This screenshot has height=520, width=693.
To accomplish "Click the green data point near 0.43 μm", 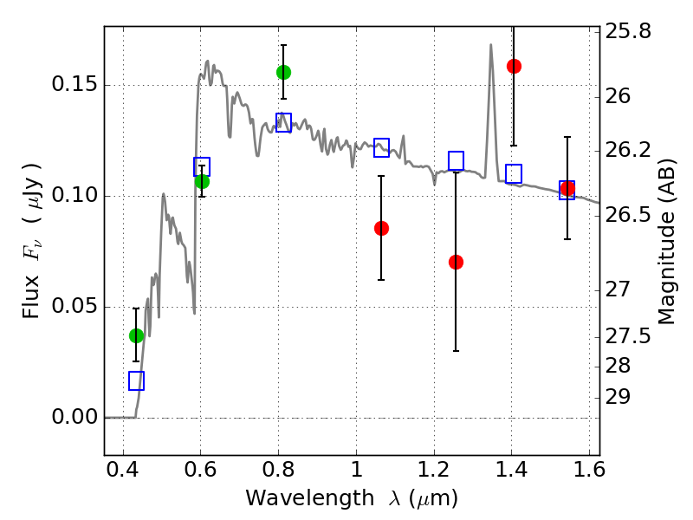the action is tap(136, 335).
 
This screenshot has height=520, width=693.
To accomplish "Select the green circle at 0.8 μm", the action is tap(284, 72).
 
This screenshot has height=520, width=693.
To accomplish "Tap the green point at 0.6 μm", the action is tap(202, 181).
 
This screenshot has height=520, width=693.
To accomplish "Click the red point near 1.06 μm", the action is tap(381, 228).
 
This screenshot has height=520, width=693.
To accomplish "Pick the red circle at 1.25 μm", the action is tap(457, 263).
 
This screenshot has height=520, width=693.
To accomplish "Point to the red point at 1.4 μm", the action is tap(514, 67).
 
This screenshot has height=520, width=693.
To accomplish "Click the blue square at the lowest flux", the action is tap(136, 380).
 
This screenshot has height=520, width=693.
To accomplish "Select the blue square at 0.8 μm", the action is tap(284, 122).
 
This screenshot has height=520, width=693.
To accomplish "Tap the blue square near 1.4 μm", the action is tap(514, 173).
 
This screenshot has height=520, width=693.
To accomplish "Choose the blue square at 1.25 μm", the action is tap(457, 160).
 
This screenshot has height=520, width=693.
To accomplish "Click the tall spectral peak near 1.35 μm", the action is tap(490, 45).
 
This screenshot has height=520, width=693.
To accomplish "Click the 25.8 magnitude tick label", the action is tap(628, 31).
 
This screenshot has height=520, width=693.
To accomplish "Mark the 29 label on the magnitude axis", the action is tap(618, 397).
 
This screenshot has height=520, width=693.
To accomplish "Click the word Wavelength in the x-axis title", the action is tap(310, 498).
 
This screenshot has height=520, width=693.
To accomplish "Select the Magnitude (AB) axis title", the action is tap(667, 242).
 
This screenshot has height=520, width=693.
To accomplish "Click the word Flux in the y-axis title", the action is tap(31, 296).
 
